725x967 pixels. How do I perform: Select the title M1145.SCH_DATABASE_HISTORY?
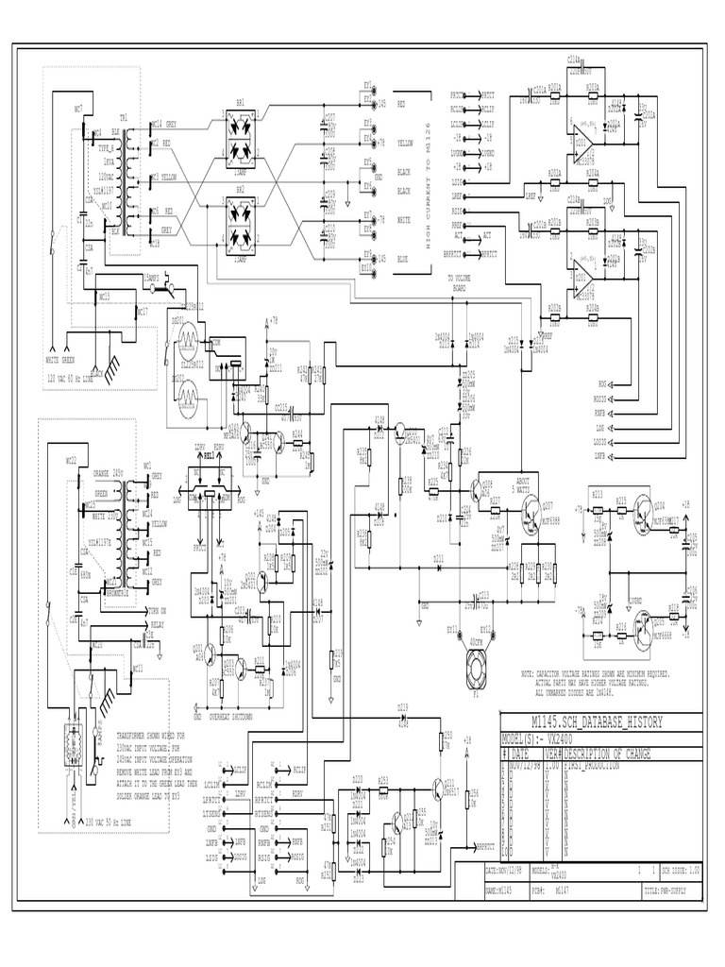[586, 721]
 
